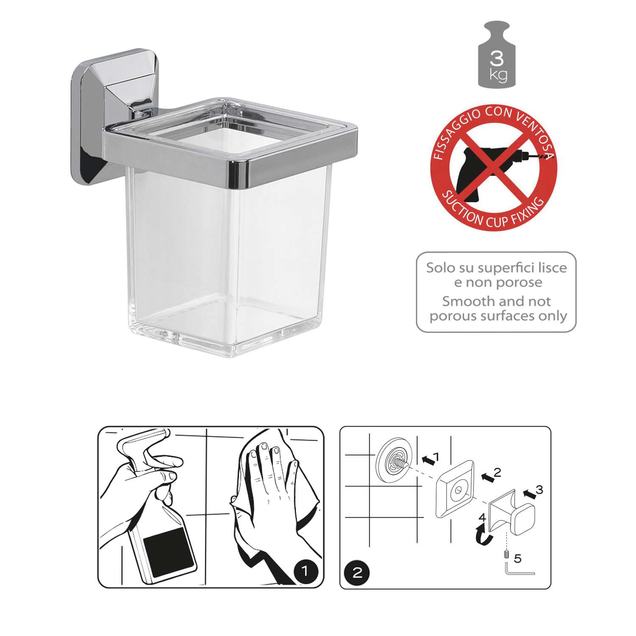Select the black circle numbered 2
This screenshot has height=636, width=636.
click(x=357, y=573)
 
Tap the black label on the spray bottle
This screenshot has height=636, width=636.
click(x=168, y=552)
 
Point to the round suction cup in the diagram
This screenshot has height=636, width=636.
click(x=394, y=460)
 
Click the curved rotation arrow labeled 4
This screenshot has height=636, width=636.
click(x=482, y=535)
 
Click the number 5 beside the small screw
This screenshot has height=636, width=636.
click(x=517, y=558)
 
